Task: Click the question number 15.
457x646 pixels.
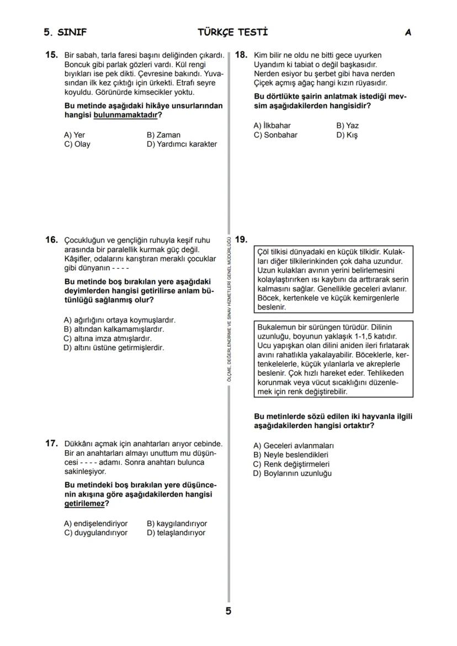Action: [51, 55]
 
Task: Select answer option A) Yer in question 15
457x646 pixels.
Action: [75, 135]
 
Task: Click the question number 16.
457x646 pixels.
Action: [51, 240]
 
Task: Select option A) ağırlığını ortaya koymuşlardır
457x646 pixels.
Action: [119, 320]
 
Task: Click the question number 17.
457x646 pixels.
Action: [51, 443]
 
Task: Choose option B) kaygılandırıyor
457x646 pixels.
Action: [177, 524]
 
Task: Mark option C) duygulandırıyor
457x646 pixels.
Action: [95, 533]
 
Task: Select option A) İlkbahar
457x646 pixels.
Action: [272, 125]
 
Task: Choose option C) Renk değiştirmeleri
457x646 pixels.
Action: [291, 464]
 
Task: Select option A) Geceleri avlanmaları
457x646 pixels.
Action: [293, 445]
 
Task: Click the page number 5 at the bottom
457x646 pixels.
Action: [228, 611]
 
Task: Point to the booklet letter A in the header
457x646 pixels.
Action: [408, 33]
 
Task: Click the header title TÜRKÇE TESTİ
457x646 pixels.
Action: [232, 33]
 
